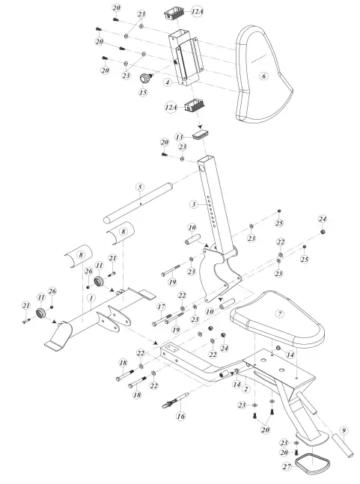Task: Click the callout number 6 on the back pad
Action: click(x=263, y=76)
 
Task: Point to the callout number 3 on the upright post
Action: click(x=193, y=204)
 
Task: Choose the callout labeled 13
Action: click(x=179, y=137)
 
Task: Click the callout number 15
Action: click(x=142, y=93)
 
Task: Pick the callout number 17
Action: click(x=160, y=307)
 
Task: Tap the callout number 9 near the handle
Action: click(x=344, y=430)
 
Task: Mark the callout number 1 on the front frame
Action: click(x=91, y=298)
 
